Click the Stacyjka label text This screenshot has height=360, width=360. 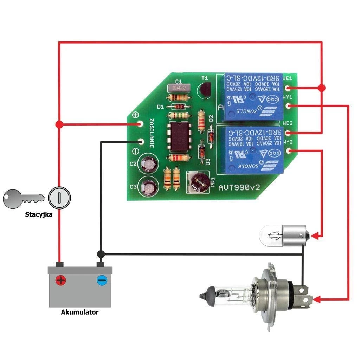tap(39, 214)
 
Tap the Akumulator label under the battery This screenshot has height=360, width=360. tap(80, 312)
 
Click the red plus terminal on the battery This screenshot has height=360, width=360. tap(60, 280)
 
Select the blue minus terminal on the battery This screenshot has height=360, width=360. tap(102, 280)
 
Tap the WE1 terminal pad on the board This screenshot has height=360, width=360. tap(288, 88)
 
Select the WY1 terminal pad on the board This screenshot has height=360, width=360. tap(288, 105)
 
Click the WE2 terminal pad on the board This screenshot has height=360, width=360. tap(288, 133)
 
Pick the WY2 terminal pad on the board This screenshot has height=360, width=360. tap(288, 151)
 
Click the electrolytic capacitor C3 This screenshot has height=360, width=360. tap(148, 186)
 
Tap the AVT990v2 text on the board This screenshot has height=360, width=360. tap(239, 187)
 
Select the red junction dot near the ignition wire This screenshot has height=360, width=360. tap(59, 124)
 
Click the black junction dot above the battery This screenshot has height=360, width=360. tap(101, 254)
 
